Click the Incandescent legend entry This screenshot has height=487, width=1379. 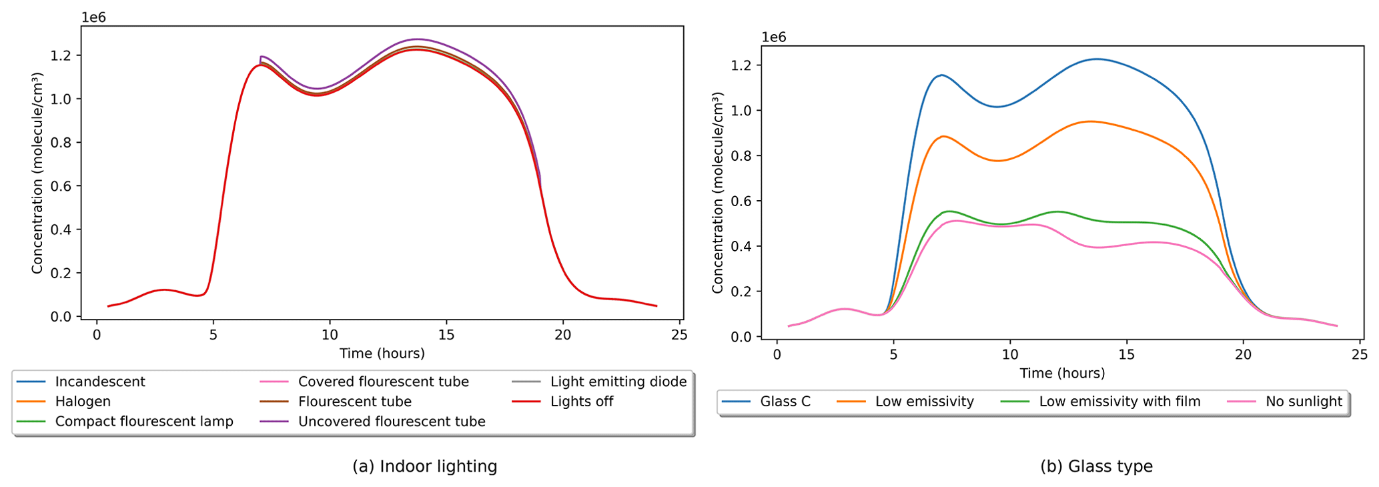(99, 382)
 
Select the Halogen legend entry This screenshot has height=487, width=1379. (83, 402)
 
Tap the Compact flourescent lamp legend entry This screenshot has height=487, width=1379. (143, 422)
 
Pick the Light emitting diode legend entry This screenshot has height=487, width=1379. (618, 382)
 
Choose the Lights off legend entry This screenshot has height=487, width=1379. (581, 402)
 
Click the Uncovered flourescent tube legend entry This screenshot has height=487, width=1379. (391, 422)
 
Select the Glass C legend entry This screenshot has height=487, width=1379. (785, 402)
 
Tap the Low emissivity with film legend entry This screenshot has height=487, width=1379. (1119, 402)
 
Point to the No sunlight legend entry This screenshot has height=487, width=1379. (1303, 402)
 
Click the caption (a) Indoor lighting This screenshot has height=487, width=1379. (424, 466)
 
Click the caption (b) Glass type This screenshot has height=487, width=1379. (1095, 466)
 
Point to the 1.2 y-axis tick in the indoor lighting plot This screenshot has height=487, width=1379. (61, 55)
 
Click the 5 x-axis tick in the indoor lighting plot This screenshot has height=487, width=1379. (213, 334)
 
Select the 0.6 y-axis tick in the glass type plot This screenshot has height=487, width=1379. (741, 201)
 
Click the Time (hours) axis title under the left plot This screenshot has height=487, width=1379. (382, 354)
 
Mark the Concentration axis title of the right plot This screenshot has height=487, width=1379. (718, 193)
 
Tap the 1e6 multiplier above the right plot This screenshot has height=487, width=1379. (773, 37)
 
